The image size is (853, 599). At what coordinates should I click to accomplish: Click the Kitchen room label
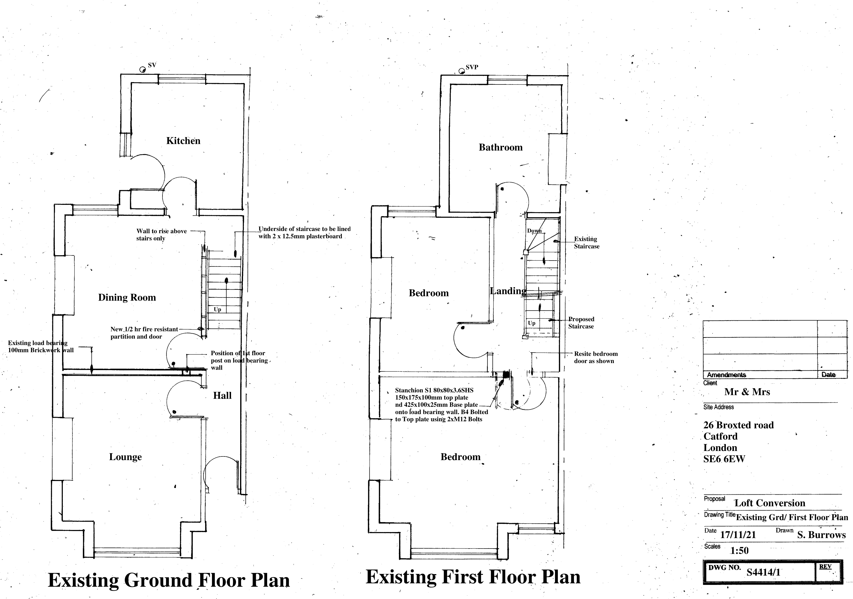pos(183,141)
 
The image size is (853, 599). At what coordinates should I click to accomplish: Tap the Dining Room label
pos(127,297)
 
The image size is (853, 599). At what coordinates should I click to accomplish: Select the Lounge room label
pos(125,457)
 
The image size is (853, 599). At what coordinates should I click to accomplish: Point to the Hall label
pos(222,395)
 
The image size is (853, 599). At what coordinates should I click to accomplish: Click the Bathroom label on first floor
pos(501,148)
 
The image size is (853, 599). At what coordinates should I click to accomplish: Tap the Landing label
pos(508,291)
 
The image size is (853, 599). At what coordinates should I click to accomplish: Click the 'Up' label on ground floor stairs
pos(217,309)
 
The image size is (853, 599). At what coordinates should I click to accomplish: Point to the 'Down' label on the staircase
pos(534,231)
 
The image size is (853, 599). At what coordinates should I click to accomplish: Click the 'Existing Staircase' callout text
pos(586,242)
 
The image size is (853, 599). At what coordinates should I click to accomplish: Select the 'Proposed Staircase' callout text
pos(581,323)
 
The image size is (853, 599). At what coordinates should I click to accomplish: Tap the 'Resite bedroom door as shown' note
pos(596,357)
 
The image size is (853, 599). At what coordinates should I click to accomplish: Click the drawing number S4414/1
pos(764,572)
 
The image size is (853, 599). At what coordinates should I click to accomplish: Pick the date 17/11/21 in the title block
pos(738,535)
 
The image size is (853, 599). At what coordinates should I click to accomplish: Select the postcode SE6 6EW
pos(724,459)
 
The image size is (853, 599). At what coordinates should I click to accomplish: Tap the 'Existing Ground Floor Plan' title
pos(169,580)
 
